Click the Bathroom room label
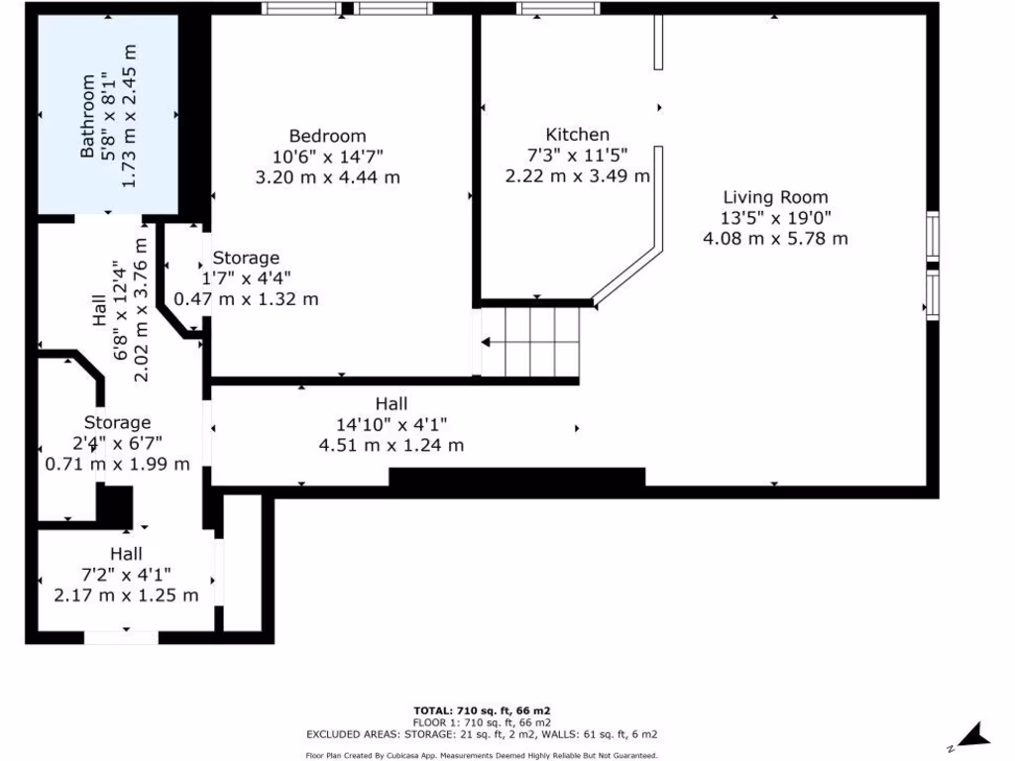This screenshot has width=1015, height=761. (87, 116)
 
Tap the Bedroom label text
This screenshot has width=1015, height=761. (327, 136)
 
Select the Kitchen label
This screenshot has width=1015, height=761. (577, 135)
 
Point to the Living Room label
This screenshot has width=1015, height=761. (775, 197)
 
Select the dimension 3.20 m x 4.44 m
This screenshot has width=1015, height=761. (327, 177)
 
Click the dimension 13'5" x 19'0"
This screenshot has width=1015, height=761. (775, 218)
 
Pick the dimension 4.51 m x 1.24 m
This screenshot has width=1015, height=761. (391, 445)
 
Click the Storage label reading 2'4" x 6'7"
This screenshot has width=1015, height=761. (117, 423)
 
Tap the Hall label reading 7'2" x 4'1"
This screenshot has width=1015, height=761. (126, 554)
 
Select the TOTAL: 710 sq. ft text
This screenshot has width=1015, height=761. (482, 710)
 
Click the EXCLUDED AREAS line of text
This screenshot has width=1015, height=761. (482, 734)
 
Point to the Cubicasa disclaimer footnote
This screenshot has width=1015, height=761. (482, 755)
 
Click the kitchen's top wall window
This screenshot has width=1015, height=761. (558, 9)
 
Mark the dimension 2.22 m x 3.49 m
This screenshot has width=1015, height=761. (577, 176)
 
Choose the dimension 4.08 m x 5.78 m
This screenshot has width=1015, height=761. (775, 239)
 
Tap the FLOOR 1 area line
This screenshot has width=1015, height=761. (482, 722)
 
